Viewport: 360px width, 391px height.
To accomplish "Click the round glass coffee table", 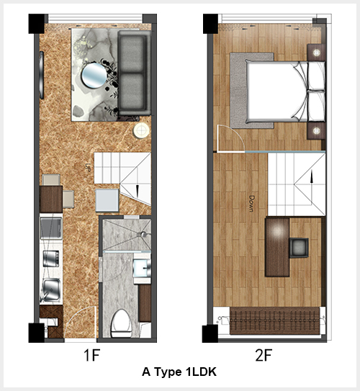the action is (x=94, y=76).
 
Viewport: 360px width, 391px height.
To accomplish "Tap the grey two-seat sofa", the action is (x=134, y=73).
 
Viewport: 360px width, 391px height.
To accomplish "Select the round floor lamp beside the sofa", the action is (x=141, y=130).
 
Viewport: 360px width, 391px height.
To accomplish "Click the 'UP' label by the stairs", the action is (x=87, y=167).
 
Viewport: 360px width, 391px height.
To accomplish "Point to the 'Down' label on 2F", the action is (x=252, y=204).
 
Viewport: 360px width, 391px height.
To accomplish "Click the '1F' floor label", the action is (x=91, y=355).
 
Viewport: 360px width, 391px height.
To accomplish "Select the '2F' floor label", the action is (x=264, y=355).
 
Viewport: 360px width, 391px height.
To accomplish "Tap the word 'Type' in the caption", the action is (x=168, y=372).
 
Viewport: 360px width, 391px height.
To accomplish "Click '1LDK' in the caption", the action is (x=201, y=372).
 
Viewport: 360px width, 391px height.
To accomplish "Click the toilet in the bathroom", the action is (x=121, y=323).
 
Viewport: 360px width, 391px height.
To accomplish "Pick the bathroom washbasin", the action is (x=142, y=268).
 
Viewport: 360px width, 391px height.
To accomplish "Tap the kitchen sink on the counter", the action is (x=51, y=289).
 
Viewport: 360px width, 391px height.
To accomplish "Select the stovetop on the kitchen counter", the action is (x=51, y=259).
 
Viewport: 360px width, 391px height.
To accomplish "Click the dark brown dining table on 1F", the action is (x=51, y=199).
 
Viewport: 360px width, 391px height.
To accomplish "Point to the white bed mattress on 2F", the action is (x=276, y=92).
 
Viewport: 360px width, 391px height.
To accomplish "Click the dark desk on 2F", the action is (x=277, y=247).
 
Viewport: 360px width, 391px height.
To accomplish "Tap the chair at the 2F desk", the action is (x=299, y=248).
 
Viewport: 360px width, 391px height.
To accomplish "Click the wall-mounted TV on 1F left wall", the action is (x=41, y=75).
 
